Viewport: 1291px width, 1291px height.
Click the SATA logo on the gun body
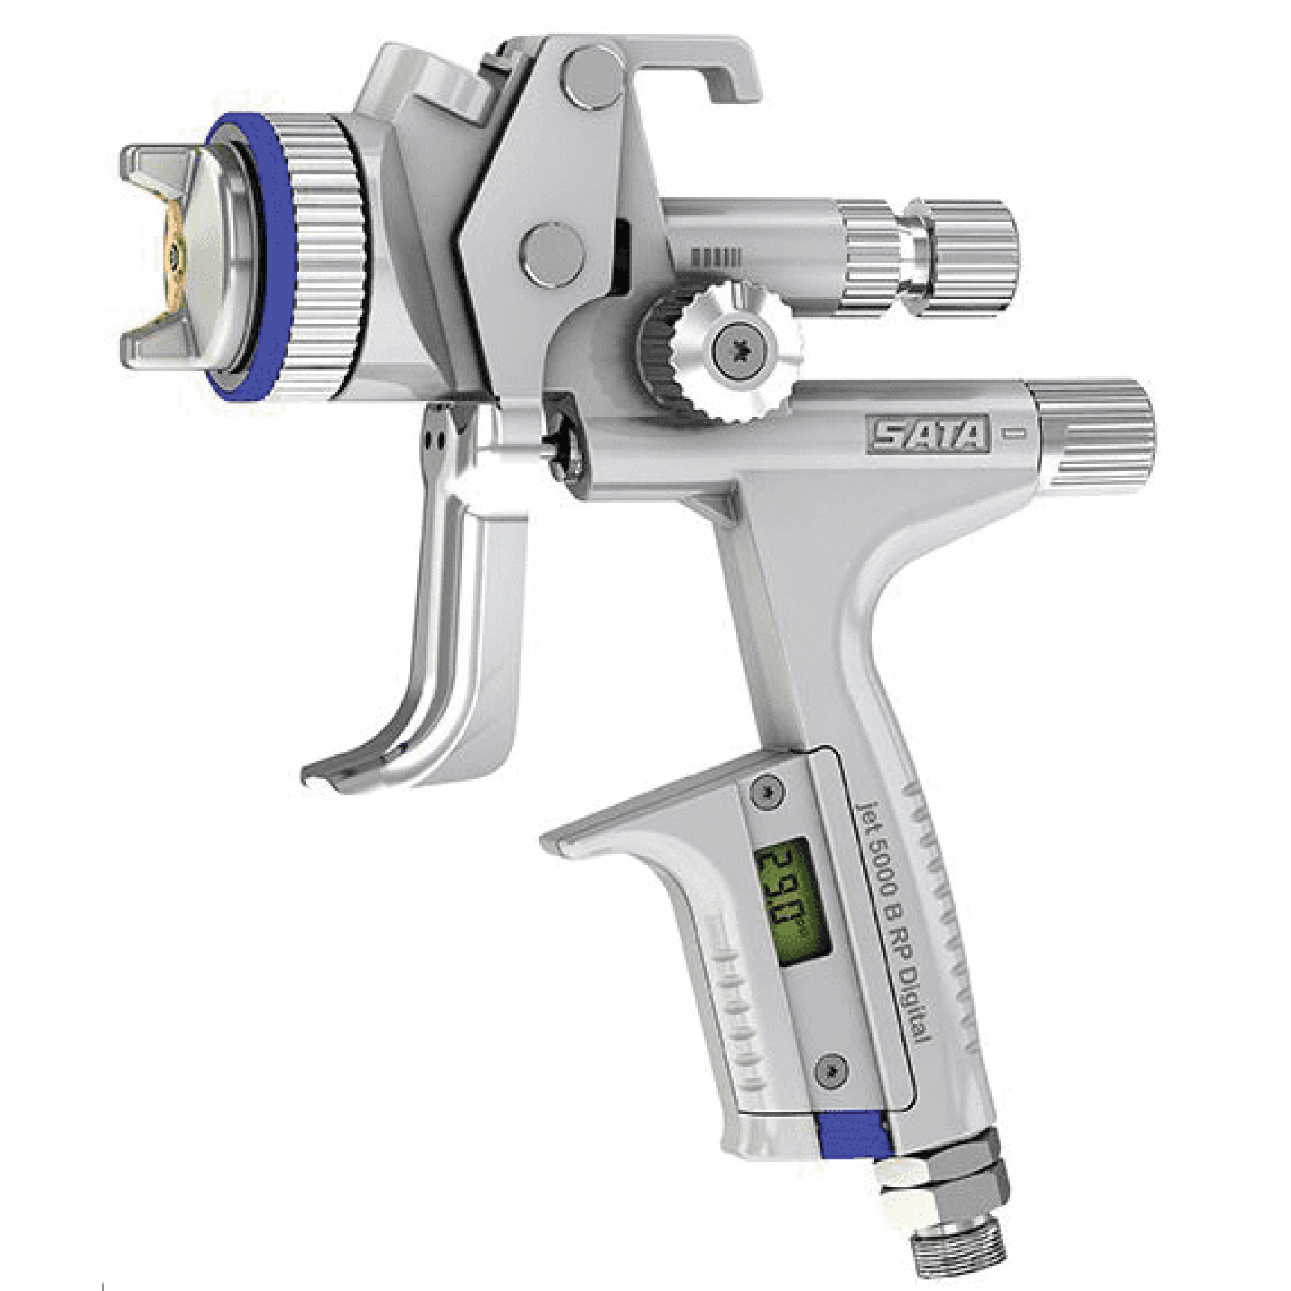pyautogui.click(x=928, y=435)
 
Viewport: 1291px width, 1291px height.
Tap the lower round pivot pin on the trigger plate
pyautogui.click(x=552, y=254)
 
